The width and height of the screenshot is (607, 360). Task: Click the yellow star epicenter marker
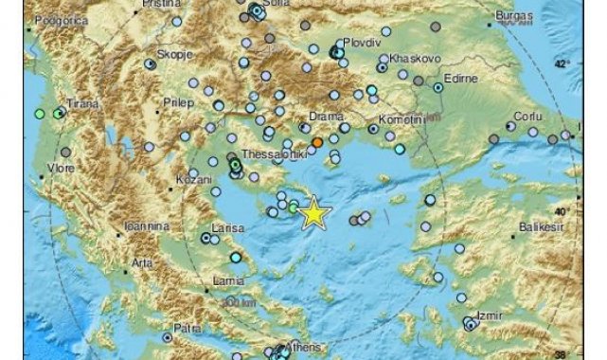(312, 214)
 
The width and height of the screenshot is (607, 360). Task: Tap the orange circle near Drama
(317, 142)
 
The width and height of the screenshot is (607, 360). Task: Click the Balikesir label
(541, 228)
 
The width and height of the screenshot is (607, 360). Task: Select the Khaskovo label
(409, 58)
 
